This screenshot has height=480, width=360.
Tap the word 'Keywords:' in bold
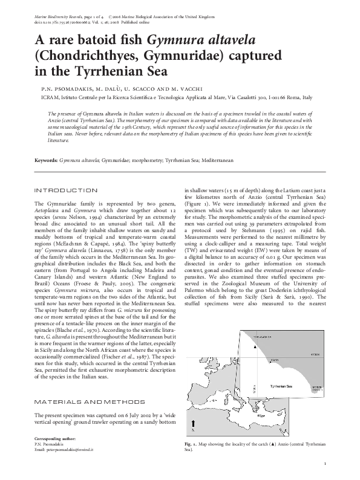tap(46, 161)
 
